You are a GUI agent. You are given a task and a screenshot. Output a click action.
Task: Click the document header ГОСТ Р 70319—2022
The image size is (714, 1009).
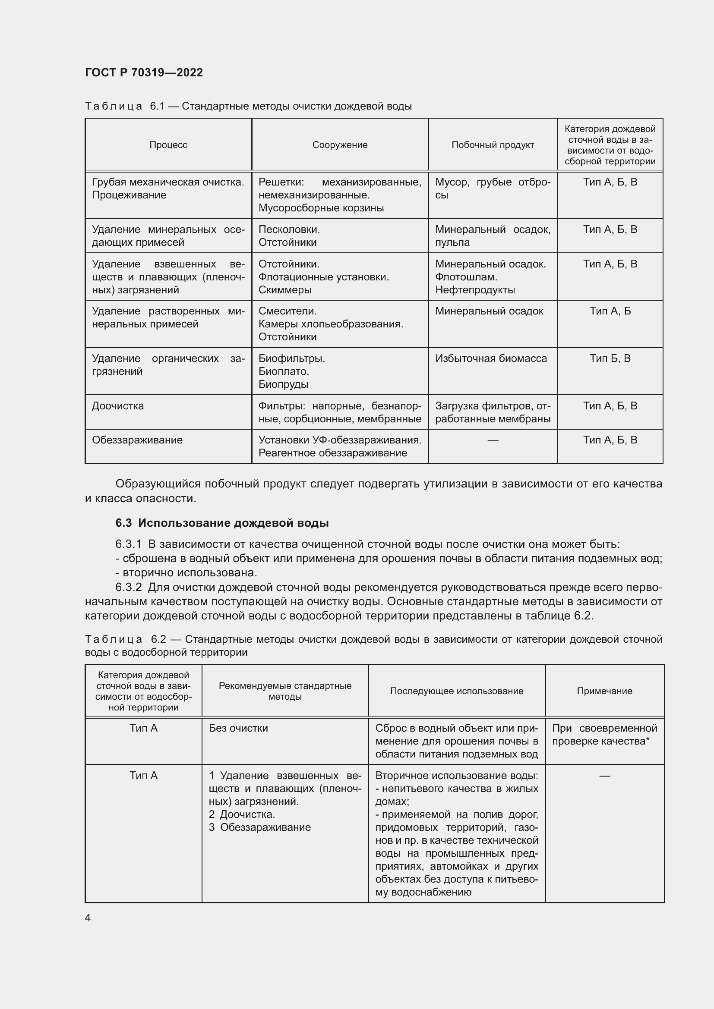point(144,72)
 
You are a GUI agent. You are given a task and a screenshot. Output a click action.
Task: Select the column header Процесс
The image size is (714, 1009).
point(168,145)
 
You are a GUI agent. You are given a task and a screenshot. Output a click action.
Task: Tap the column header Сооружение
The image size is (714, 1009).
point(340,145)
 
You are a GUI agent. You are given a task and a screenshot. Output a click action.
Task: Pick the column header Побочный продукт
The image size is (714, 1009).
point(493,145)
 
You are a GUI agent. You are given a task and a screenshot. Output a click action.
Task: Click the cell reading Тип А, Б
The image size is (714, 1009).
point(610,311)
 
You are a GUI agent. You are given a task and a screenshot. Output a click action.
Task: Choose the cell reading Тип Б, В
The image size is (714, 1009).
point(610,358)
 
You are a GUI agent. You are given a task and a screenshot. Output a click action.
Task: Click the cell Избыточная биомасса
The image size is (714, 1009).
point(491,358)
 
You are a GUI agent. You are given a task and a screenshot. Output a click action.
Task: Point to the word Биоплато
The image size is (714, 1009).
point(284,371)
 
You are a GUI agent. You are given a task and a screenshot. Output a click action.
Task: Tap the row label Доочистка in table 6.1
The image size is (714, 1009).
point(118,406)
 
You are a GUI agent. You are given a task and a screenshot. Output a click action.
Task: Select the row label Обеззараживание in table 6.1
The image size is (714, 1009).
point(137,440)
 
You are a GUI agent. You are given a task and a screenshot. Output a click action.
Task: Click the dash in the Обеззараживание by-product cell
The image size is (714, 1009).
point(493,440)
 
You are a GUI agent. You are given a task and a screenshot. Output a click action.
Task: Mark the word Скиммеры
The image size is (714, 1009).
point(285,290)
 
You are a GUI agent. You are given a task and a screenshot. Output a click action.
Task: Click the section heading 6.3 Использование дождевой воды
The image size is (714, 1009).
point(222,523)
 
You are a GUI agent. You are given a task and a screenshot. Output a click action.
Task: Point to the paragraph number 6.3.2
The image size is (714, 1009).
point(128,588)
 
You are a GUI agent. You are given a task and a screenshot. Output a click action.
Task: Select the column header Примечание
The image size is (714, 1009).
point(604,691)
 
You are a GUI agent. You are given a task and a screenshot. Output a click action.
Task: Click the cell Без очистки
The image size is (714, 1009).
point(238,729)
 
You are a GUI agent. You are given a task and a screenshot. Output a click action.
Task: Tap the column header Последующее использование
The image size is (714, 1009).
point(456,691)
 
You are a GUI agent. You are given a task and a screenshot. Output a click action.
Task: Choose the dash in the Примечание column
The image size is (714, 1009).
point(604,776)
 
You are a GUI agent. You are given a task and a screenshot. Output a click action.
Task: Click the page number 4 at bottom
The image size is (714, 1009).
point(88,918)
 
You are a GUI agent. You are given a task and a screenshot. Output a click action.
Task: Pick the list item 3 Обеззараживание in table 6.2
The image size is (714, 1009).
point(260,827)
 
